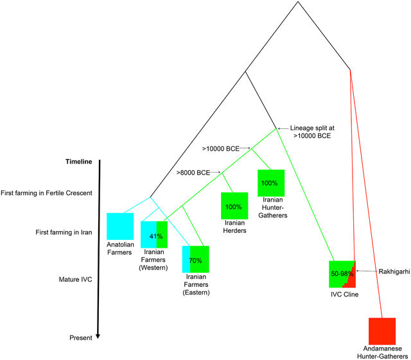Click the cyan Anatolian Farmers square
[x=120, y=225]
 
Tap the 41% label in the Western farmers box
[x=154, y=236]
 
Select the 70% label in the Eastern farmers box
[x=196, y=261]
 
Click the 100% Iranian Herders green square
[x=234, y=207]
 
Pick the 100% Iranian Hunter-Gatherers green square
[x=270, y=183]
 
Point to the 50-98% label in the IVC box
[x=341, y=273]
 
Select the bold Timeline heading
[x=79, y=162]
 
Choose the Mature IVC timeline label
[x=78, y=279]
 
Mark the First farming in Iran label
[x=63, y=233]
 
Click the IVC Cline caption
[x=342, y=295]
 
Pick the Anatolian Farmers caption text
[x=120, y=248]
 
